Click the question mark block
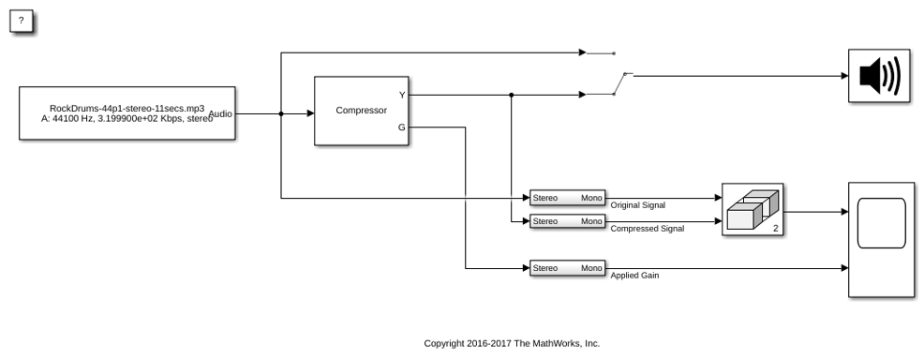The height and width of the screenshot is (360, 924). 22,22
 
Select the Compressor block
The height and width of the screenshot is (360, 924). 361,111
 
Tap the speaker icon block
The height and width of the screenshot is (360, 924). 879,75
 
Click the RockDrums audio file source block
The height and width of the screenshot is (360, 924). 127,113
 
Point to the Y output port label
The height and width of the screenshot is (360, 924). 402,95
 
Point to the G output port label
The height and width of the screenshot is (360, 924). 402,127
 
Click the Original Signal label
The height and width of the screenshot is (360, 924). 637,205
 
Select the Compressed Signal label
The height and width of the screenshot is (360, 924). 647,229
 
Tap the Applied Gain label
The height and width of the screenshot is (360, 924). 634,275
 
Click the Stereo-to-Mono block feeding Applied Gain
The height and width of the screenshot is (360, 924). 568,268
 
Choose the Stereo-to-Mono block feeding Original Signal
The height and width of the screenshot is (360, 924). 568,198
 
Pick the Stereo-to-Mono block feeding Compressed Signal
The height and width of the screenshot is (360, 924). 568,221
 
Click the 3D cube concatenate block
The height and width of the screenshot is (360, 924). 753,209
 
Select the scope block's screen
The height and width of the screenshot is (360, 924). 881,223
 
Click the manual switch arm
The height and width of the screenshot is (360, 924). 619,83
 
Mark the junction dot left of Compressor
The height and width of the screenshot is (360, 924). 281,113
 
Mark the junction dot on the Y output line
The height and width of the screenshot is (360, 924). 511,95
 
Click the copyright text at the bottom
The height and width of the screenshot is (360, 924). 512,343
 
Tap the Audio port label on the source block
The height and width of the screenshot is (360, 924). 220,113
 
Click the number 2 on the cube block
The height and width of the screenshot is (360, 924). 776,228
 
